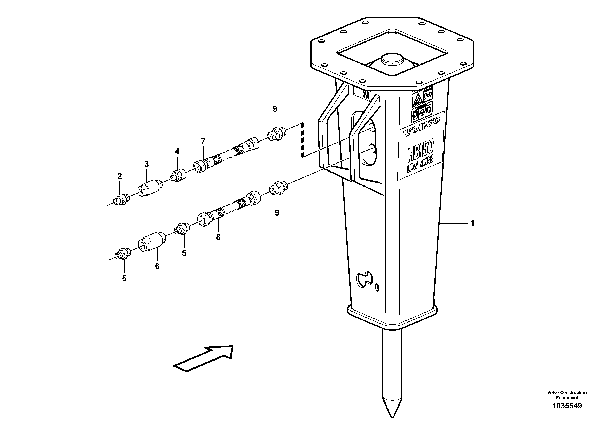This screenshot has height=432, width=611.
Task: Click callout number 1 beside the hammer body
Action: point(473,223)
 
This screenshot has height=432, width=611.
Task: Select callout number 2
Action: point(119,176)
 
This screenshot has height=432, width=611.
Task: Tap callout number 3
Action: point(147,164)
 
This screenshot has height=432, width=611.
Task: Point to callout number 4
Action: point(177,152)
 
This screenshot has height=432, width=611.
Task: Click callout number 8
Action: point(218,237)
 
